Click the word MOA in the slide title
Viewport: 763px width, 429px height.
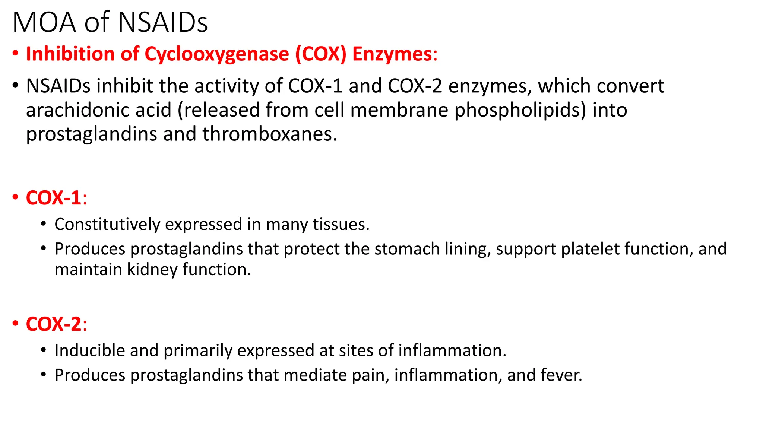[x=44, y=23]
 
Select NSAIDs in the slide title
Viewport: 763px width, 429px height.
[x=163, y=23]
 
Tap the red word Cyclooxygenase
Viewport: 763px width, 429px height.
[x=217, y=54]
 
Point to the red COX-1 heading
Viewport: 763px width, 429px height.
[x=54, y=198]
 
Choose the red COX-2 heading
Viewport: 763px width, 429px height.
[x=54, y=324]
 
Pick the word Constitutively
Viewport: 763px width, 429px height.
[x=107, y=225]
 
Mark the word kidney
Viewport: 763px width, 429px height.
[x=152, y=270]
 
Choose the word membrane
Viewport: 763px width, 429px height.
[x=399, y=110]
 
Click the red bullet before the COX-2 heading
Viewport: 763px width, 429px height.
[x=15, y=323]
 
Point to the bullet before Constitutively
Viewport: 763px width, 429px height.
[x=44, y=224]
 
